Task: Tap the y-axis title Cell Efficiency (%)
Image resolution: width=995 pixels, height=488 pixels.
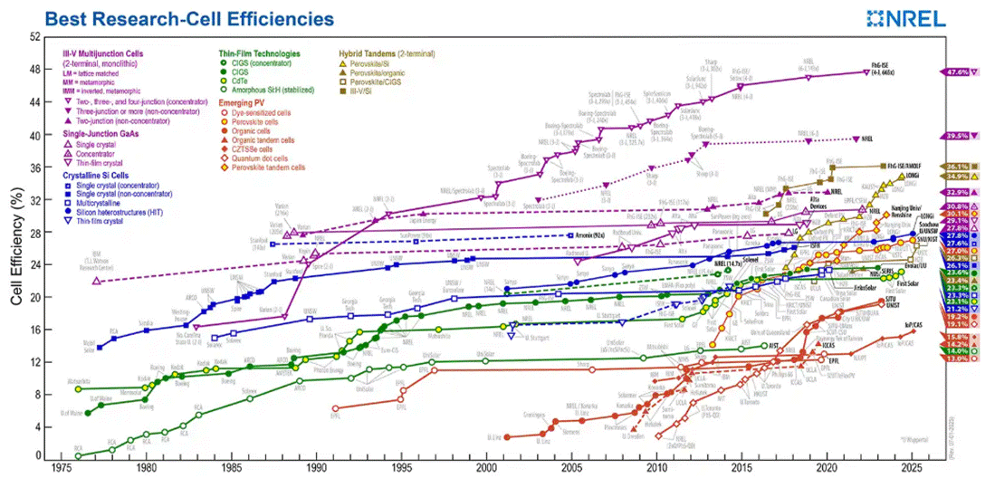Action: click(x=17, y=244)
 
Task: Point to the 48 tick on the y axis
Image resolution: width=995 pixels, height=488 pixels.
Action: click(x=36, y=70)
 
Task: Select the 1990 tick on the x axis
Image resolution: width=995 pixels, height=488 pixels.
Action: click(x=316, y=468)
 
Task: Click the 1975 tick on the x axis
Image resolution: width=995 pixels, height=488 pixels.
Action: click(x=61, y=468)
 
